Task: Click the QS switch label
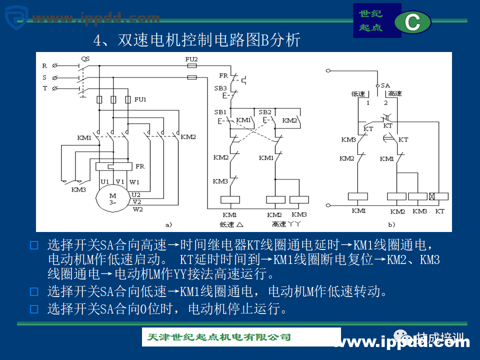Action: coord(85,58)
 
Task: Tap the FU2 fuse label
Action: coord(191,59)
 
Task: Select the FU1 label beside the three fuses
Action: coord(140,99)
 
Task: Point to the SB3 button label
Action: coord(220,88)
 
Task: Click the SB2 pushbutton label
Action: coord(265,112)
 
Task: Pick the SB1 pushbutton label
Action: coord(220,112)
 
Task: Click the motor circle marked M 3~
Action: coord(113,198)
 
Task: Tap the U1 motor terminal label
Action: coord(104,181)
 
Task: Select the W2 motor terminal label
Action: coord(137,209)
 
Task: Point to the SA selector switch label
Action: coord(385,85)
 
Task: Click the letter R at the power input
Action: coord(44,65)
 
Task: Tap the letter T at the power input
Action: coord(44,88)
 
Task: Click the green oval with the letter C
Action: coord(412,22)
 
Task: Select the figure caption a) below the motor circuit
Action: coord(168,224)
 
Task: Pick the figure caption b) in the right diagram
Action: coord(391,224)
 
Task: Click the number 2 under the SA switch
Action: coord(385,103)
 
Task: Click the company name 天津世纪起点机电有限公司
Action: coord(219,337)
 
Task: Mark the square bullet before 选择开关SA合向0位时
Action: coord(34,309)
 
